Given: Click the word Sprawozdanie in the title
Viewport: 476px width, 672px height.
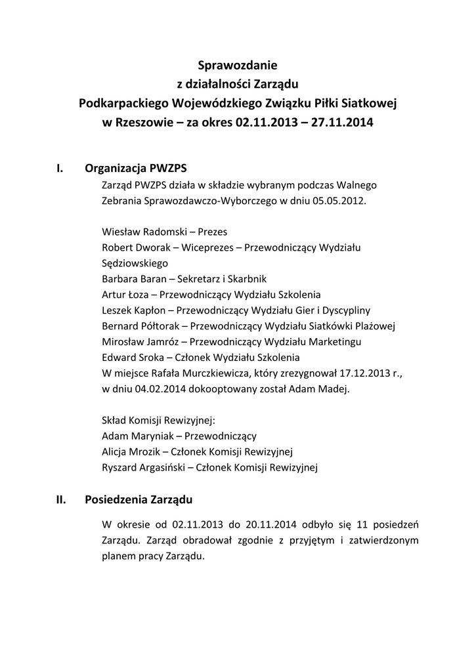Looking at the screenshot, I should (238, 65).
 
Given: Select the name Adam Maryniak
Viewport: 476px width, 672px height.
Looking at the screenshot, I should (139, 435).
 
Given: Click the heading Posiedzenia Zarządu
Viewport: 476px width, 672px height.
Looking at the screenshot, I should (139, 500).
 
